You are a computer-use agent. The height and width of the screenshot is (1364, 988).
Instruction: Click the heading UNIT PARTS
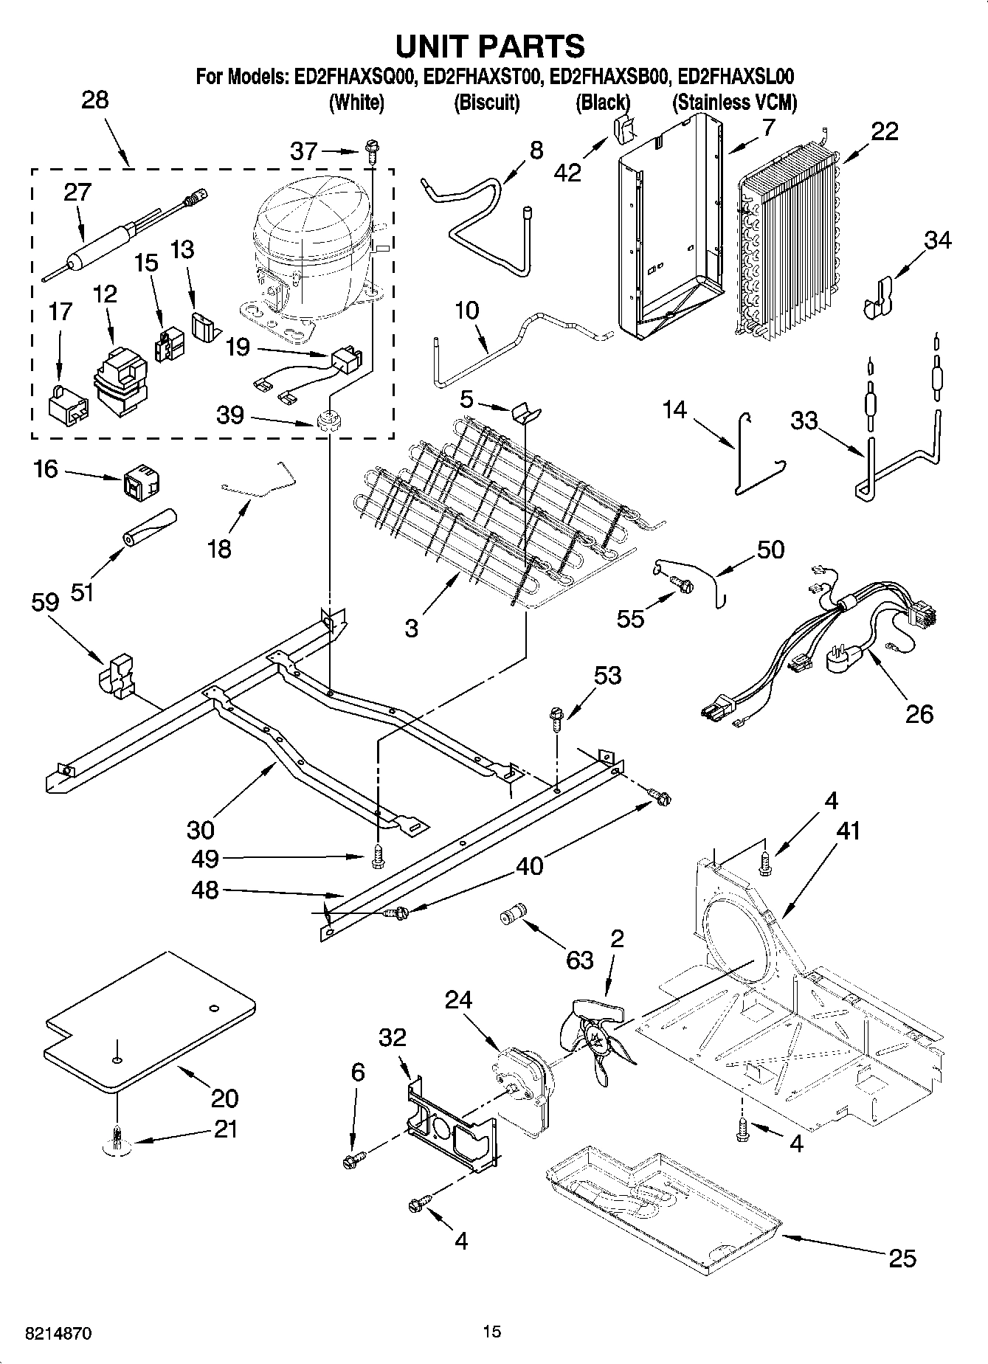tap(490, 46)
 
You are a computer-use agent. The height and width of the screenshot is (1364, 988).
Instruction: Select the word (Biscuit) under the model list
tap(486, 103)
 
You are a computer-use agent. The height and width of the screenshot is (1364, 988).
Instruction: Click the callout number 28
tap(95, 100)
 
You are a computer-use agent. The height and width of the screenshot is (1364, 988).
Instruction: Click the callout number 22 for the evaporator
tap(885, 131)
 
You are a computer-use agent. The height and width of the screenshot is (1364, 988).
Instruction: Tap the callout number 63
tap(579, 960)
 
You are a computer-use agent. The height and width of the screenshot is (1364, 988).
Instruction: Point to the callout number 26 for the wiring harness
tap(919, 713)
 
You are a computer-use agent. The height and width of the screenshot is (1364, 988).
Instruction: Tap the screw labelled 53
tap(556, 718)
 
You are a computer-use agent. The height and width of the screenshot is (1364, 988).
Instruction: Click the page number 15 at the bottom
tap(491, 1332)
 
